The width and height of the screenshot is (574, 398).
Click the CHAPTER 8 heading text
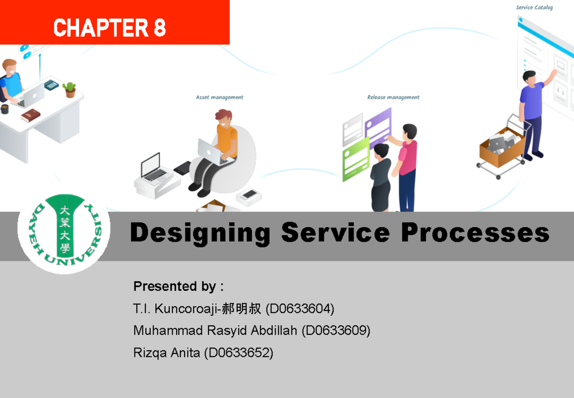click(110, 28)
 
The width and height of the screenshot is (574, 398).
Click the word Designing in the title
click(200, 233)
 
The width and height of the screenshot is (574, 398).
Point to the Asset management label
click(220, 98)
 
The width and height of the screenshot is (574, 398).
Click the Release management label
click(393, 98)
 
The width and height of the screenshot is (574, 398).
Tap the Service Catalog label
click(534, 8)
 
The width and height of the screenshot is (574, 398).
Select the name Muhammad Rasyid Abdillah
click(216, 331)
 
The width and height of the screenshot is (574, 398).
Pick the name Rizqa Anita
click(166, 353)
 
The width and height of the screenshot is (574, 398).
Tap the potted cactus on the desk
click(70, 89)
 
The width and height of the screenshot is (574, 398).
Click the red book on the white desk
click(31, 115)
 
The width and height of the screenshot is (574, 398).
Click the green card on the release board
click(356, 158)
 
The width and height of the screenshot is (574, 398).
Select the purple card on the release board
click(377, 126)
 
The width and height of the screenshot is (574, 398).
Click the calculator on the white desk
click(51, 85)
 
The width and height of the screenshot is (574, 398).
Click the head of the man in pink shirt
click(409, 131)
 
